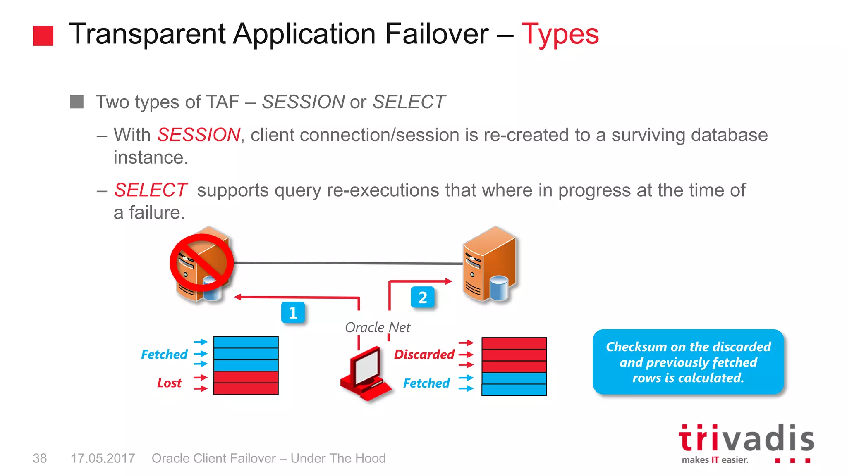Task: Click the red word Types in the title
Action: click(x=560, y=34)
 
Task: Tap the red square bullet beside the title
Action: click(x=43, y=36)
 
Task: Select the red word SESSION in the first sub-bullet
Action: click(x=199, y=135)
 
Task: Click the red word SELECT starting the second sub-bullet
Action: click(x=151, y=190)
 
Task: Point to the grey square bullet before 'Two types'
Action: click(x=77, y=102)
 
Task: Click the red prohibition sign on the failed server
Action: click(x=202, y=263)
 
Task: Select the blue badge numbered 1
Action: click(x=293, y=313)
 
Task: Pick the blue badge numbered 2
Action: click(x=422, y=297)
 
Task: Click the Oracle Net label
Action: click(x=377, y=328)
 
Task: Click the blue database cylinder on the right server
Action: click(x=498, y=288)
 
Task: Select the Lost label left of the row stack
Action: click(x=169, y=383)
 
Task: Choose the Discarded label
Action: click(x=424, y=355)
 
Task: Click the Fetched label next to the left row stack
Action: click(x=164, y=355)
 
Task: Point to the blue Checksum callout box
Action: click(x=688, y=362)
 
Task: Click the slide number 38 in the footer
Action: click(x=40, y=458)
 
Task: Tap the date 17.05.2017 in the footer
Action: click(x=103, y=458)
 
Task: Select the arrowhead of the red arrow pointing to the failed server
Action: click(x=238, y=297)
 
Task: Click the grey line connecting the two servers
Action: click(x=347, y=263)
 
